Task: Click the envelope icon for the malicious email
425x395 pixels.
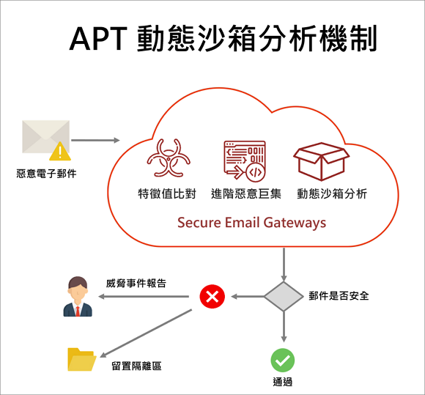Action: tap(45, 136)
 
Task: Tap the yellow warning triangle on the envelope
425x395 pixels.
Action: tap(60, 151)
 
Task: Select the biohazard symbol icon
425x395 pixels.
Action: tap(169, 158)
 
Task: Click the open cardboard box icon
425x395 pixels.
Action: tap(321, 161)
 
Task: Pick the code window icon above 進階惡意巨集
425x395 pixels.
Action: tap(245, 161)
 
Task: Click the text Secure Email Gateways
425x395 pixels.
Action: tap(252, 223)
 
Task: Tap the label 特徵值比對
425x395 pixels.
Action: tap(167, 194)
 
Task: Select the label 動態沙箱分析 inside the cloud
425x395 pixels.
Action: tap(332, 194)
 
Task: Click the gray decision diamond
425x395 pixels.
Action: tap(284, 296)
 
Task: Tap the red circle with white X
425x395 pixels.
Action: tap(212, 297)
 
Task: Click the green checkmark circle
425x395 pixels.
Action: tap(283, 361)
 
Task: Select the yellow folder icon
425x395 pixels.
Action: tap(82, 359)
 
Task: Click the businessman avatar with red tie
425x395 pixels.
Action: tap(78, 296)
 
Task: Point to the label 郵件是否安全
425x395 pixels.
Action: tap(339, 296)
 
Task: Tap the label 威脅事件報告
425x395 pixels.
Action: tap(136, 284)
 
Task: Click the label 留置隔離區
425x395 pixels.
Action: tap(136, 366)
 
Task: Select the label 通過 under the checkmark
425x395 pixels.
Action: tap(283, 382)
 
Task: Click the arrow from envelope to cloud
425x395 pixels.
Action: tap(95, 140)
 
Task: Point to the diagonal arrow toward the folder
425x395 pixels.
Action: tap(146, 333)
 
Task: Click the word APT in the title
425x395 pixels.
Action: tap(98, 39)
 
